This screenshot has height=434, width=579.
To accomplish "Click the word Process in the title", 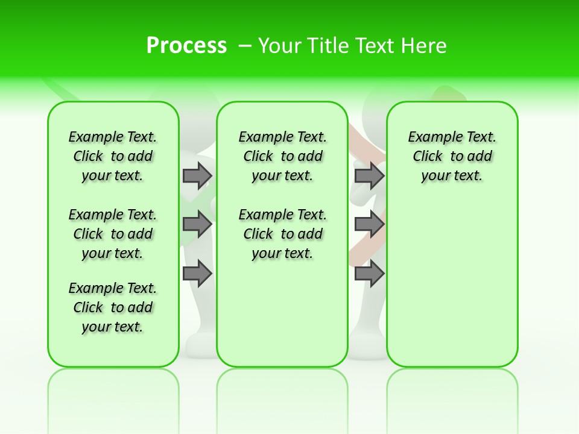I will (x=186, y=46).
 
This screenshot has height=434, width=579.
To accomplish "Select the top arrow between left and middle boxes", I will (x=197, y=175).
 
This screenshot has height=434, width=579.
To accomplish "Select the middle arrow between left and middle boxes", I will (x=197, y=224).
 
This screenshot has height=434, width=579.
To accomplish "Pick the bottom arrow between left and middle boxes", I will (x=197, y=274).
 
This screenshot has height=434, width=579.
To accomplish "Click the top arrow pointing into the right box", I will (x=369, y=175).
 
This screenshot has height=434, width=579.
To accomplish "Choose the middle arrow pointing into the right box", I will (x=369, y=224).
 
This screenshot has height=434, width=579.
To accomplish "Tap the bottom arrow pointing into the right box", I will (x=369, y=274).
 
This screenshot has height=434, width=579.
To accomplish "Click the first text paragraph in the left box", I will (x=113, y=156).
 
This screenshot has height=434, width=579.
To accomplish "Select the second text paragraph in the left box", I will (x=113, y=234).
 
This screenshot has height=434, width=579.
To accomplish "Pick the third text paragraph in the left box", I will (x=113, y=307).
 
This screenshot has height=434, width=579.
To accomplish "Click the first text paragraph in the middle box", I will (x=282, y=156).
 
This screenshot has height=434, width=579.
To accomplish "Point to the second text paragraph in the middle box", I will (x=282, y=234).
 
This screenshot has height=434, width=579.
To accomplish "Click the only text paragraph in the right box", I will (x=452, y=156).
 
